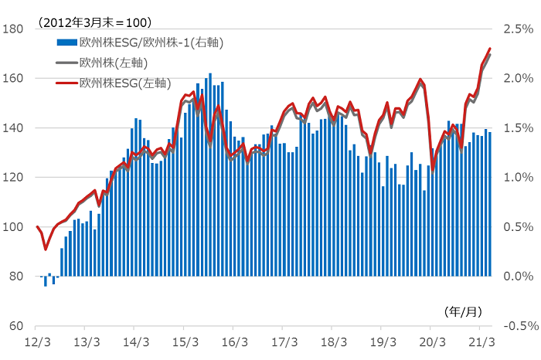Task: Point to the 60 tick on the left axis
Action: click(x=15, y=326)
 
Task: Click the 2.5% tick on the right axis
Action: click(x=517, y=29)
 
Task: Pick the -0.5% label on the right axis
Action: click(x=515, y=326)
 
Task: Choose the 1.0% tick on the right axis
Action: click(x=517, y=178)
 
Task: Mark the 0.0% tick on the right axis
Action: click(x=517, y=277)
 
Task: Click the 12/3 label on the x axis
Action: click(x=38, y=341)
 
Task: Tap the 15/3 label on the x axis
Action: click(x=185, y=341)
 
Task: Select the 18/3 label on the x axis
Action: click(x=333, y=341)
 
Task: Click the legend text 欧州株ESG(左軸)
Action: click(x=126, y=81)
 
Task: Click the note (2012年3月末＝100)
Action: click(x=94, y=22)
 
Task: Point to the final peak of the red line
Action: click(x=490, y=49)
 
